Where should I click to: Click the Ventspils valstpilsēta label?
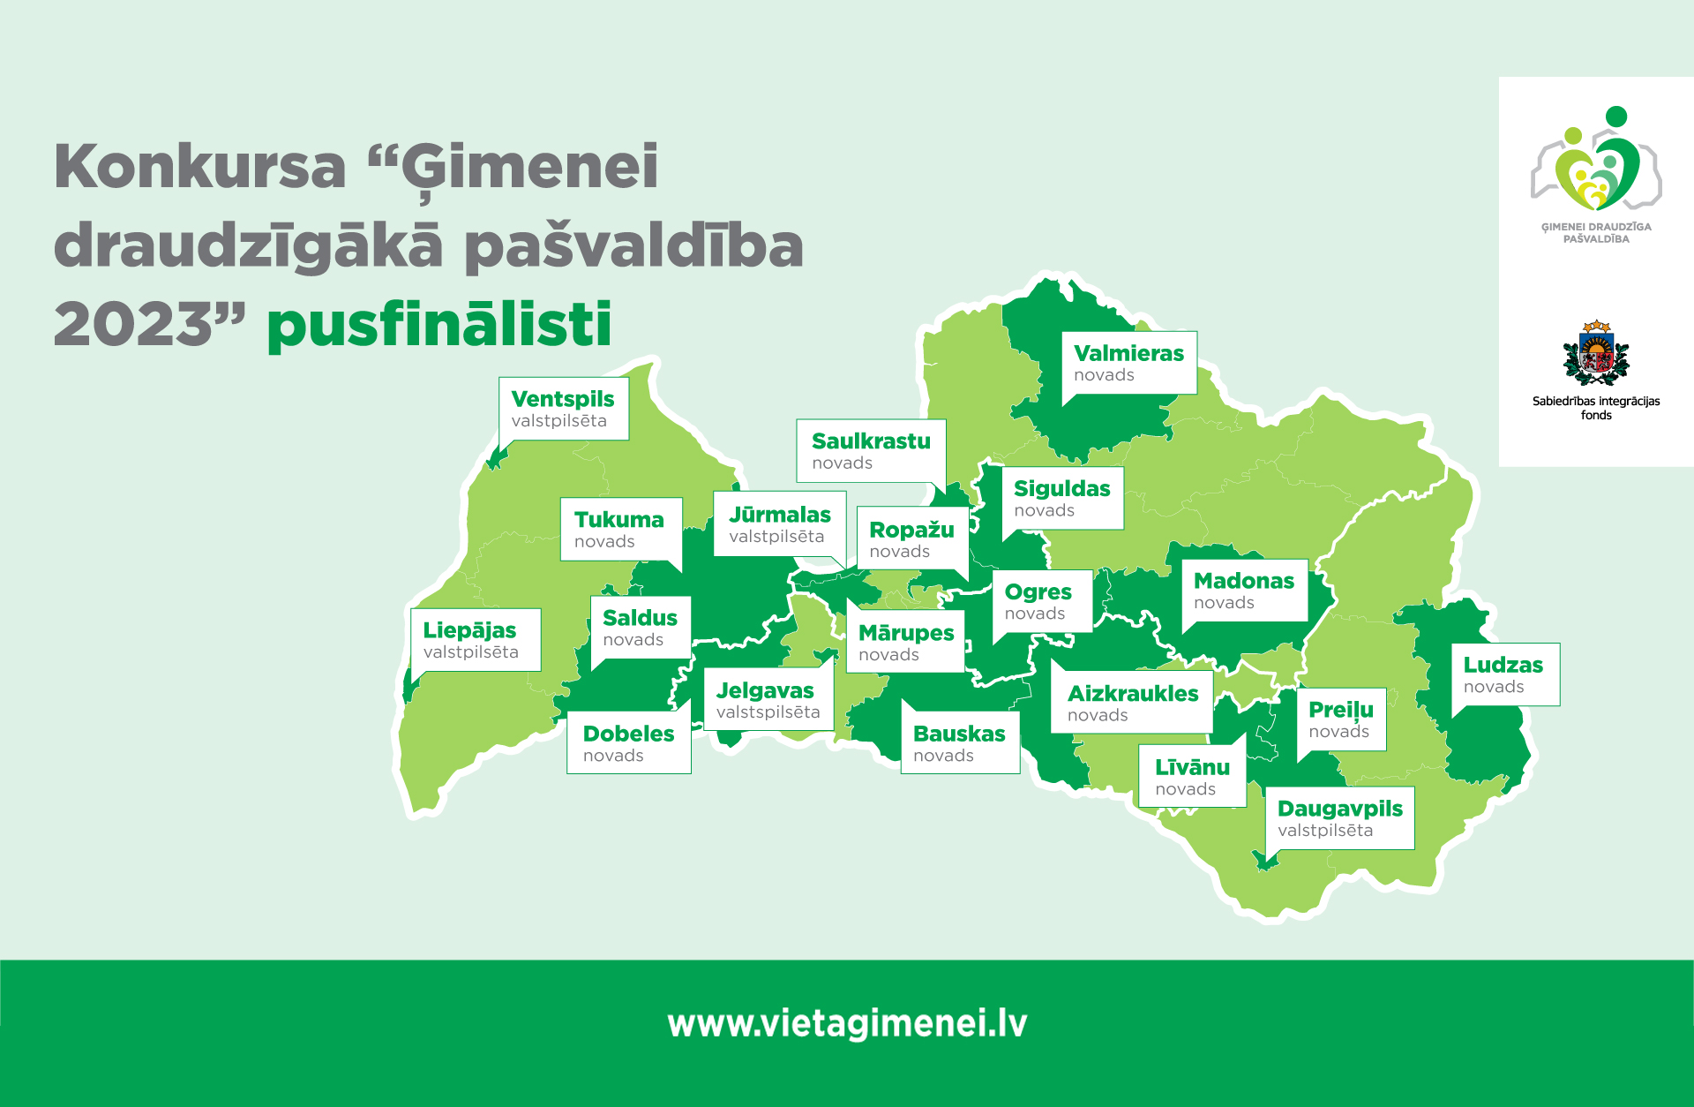564,409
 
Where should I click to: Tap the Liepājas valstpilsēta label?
476,640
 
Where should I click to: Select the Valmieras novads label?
1129,363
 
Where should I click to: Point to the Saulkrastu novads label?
871,450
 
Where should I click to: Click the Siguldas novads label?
1063,498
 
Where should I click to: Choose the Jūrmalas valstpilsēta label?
780,524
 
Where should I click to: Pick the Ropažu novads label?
912,538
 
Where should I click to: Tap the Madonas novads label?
1244,591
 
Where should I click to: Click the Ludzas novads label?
1505,674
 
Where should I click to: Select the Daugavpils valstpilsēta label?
1340,818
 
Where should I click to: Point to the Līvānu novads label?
1192,777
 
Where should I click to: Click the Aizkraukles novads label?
1132,703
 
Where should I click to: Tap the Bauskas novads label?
960,742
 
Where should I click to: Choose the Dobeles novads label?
629,742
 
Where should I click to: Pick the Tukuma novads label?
621,529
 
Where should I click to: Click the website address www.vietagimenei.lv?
847,1024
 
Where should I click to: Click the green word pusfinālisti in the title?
439,325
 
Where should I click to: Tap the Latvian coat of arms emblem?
1596,352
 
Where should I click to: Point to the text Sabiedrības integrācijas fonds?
1596,408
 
